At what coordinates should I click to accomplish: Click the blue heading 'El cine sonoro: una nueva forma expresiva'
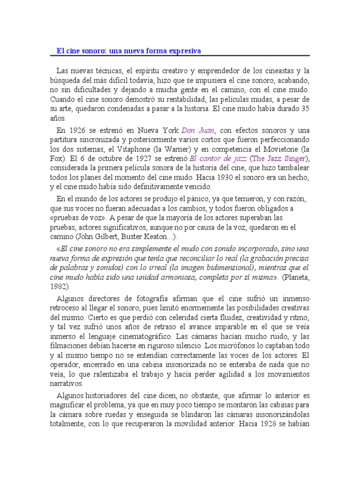tap(129, 51)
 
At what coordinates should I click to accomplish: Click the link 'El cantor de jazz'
tap(218, 158)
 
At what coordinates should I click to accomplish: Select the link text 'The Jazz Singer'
tap(279, 158)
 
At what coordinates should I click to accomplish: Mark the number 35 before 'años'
tap(305, 108)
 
